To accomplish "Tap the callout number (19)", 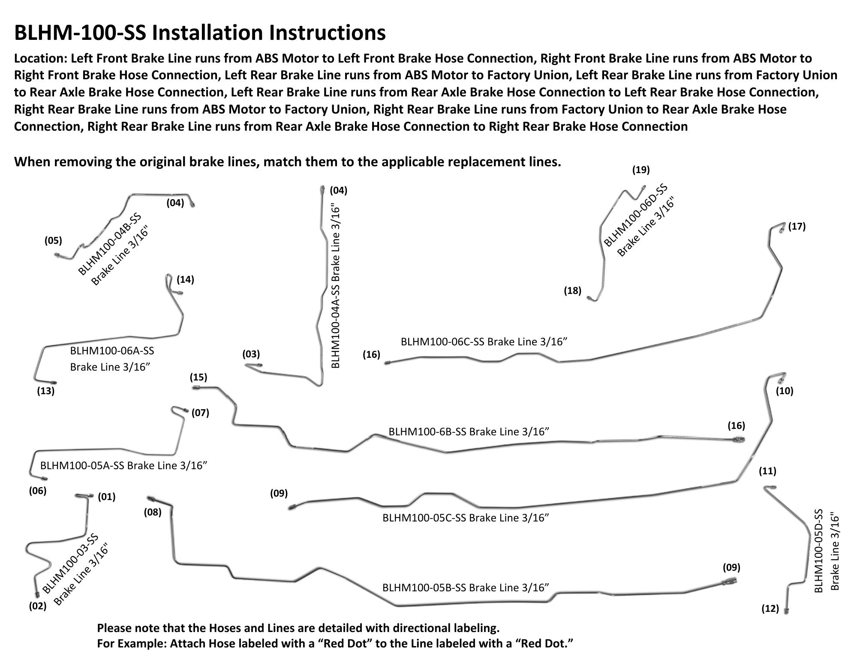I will [x=641, y=170].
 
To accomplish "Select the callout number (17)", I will [x=797, y=226].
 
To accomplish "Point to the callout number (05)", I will [x=53, y=240].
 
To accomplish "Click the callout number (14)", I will [x=185, y=279].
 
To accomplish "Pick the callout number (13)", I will [x=46, y=390].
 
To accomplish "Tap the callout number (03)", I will [x=251, y=354].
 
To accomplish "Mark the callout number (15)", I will [x=198, y=377].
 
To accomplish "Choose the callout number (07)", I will [x=200, y=413].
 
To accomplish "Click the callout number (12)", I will [x=770, y=608].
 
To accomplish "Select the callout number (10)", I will [x=785, y=390].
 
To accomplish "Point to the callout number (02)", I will [x=37, y=606].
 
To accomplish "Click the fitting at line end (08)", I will [x=151, y=499].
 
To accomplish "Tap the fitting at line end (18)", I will [x=592, y=299].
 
